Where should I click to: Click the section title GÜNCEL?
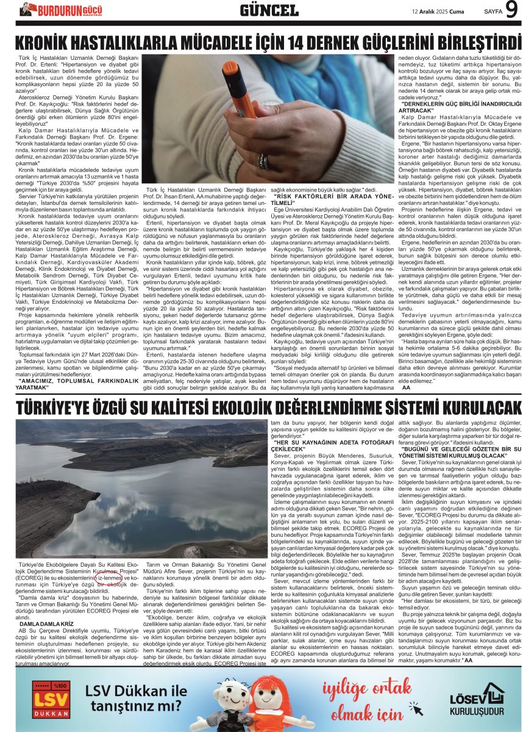point(269,10)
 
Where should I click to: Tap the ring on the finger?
point(263,162)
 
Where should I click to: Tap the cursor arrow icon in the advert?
point(416,708)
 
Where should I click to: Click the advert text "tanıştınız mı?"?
point(135,708)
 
